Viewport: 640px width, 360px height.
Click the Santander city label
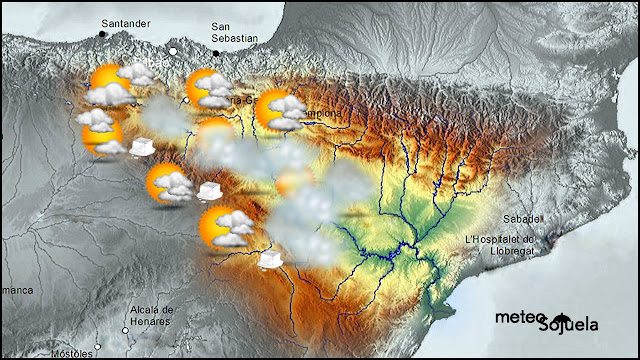124,21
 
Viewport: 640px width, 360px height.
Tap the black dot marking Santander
102,34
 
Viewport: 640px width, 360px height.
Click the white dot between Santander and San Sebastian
172,51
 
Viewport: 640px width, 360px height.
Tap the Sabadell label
522,218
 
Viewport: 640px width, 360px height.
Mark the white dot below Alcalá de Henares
134,330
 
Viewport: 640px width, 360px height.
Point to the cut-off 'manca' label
17,290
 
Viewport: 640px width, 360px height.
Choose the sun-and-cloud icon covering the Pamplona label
281,110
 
